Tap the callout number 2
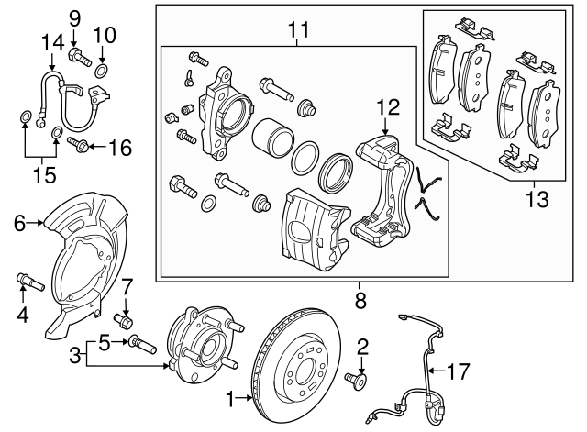tap(362, 346)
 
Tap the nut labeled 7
tap(126, 321)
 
